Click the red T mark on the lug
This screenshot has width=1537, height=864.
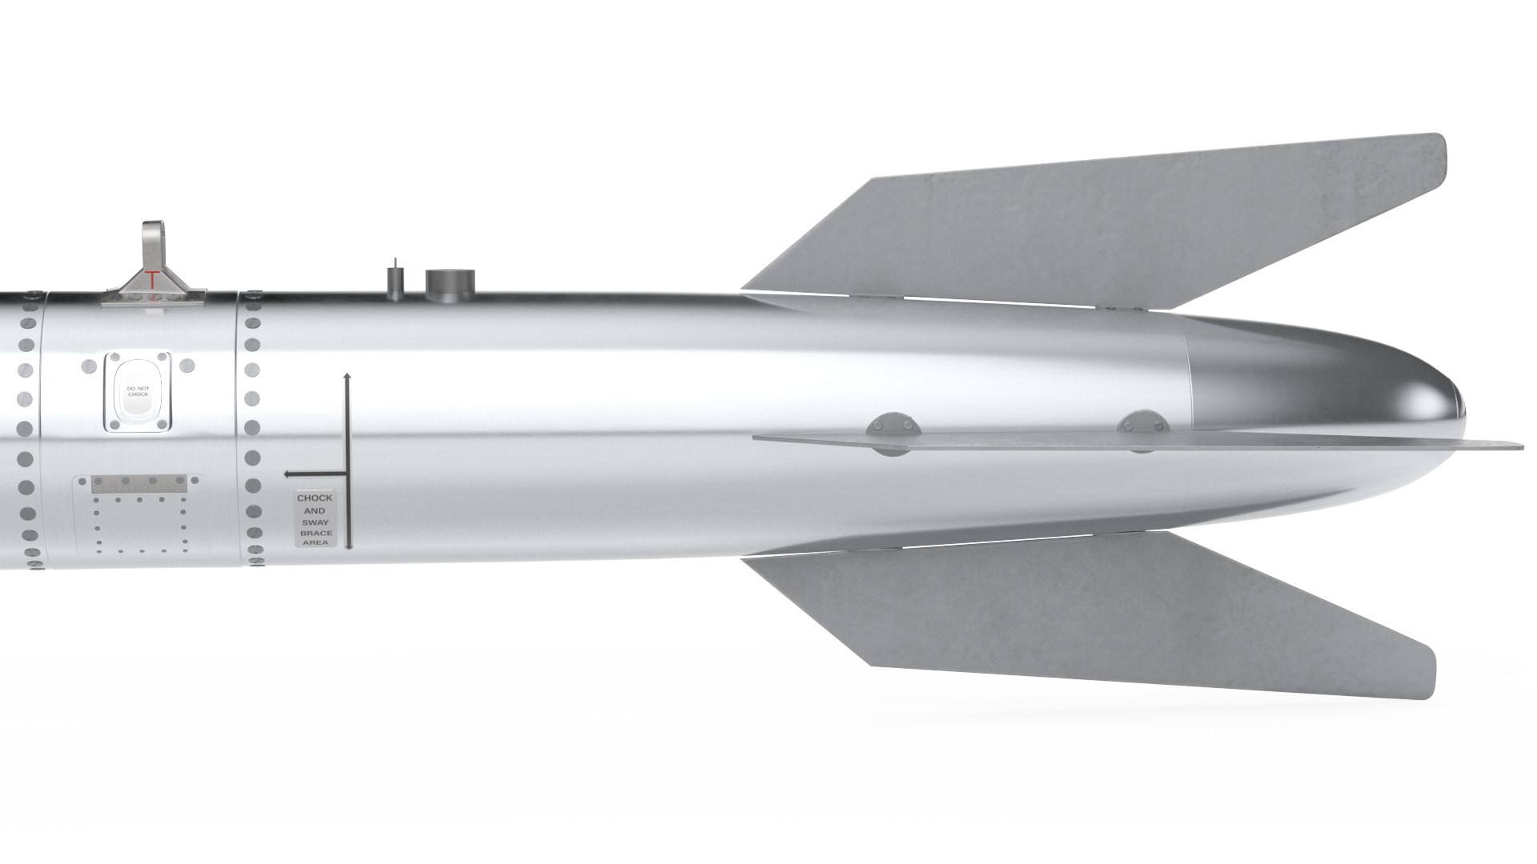coord(152,279)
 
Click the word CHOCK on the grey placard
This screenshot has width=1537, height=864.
coord(315,498)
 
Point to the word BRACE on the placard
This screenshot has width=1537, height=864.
coord(315,532)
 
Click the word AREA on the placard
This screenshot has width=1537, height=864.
coord(315,542)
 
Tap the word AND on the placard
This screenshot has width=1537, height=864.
coord(315,510)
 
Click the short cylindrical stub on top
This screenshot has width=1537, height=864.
coord(451,283)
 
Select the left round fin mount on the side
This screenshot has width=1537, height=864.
coord(893,434)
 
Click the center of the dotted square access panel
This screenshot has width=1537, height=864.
coord(138,524)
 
